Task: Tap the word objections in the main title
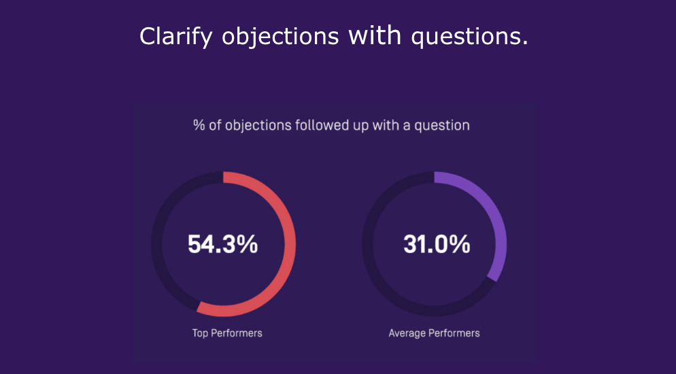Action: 280,37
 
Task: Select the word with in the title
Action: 375,35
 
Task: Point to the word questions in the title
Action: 469,37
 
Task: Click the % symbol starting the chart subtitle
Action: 199,125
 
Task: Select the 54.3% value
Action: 222,244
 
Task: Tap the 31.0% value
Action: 437,244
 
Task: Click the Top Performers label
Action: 227,333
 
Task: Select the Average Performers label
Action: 434,333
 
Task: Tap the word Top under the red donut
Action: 201,333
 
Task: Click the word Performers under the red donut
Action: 237,333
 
